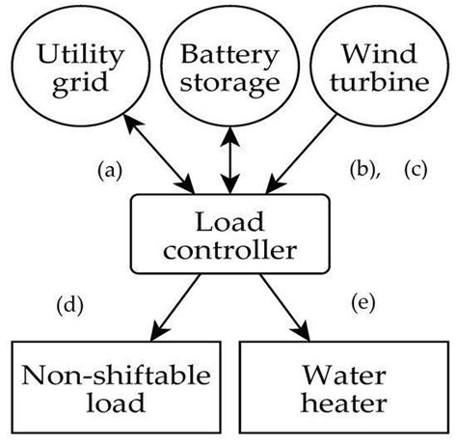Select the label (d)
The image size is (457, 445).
[69, 306]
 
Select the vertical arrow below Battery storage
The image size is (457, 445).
[228, 156]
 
